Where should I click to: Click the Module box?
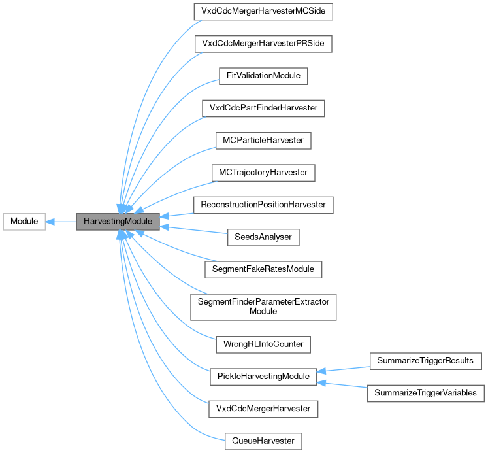[x=24, y=222]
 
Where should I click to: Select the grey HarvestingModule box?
[x=118, y=222]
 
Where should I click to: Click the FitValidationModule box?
[x=263, y=75]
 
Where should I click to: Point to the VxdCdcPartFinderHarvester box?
[x=263, y=107]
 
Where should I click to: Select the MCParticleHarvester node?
[x=263, y=140]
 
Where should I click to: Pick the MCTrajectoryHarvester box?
[x=263, y=173]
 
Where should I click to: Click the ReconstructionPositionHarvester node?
[x=263, y=205]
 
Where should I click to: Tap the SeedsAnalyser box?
[x=263, y=237]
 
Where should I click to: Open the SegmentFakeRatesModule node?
[x=263, y=269]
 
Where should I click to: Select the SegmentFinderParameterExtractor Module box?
[x=263, y=306]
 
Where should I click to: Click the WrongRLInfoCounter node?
[x=263, y=343]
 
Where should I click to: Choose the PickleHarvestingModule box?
[x=263, y=376]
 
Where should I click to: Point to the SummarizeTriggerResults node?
[x=426, y=360]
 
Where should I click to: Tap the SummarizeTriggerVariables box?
[x=426, y=393]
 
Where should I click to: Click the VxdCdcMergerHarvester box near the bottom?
[x=263, y=409]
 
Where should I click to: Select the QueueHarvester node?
[x=263, y=441]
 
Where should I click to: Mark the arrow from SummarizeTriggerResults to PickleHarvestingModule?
[x=343, y=368]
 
